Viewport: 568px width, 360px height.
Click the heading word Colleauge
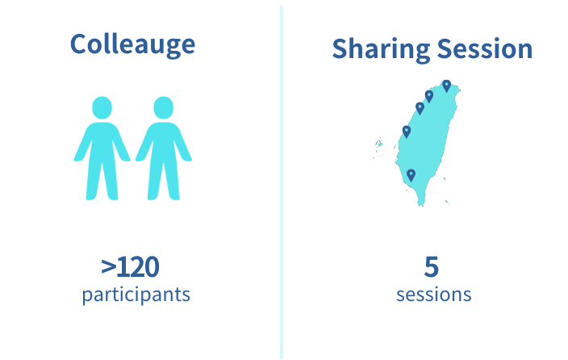click(x=132, y=44)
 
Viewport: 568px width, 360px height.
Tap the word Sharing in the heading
click(x=381, y=49)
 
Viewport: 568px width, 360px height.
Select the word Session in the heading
click(x=485, y=48)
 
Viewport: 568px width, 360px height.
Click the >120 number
click(x=130, y=267)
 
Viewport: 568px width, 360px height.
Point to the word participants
click(x=136, y=295)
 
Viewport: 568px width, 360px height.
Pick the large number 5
click(x=432, y=267)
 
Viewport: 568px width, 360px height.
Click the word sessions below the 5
click(x=433, y=295)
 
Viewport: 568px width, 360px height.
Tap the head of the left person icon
click(x=102, y=107)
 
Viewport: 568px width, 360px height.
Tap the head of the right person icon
click(x=163, y=107)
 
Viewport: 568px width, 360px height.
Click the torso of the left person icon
click(x=102, y=142)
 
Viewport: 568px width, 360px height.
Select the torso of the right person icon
click(x=163, y=142)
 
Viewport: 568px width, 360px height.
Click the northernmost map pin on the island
click(x=447, y=86)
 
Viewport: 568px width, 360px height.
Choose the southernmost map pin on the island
click(x=411, y=175)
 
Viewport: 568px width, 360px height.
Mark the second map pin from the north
click(x=429, y=96)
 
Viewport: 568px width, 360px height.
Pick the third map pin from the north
click(x=420, y=108)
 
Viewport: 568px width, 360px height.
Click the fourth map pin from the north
click(x=407, y=132)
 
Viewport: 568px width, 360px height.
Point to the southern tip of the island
click(x=421, y=206)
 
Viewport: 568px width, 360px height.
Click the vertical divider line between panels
click(x=282, y=182)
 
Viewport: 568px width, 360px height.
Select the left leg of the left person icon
click(x=93, y=182)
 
